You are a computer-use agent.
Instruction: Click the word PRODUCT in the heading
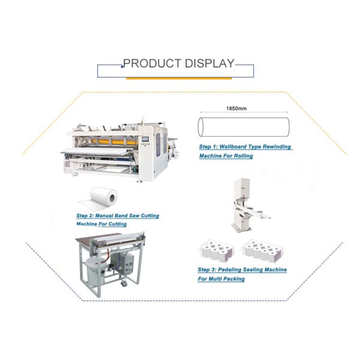pyautogui.click(x=152, y=64)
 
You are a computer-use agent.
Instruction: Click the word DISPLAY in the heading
pyautogui.click(x=209, y=64)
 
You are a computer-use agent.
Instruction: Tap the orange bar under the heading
pyautogui.click(x=179, y=79)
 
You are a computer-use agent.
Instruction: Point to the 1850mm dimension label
pyautogui.click(x=236, y=109)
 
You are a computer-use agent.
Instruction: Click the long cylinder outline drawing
pyautogui.click(x=244, y=127)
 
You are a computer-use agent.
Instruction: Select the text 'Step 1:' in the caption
pyautogui.click(x=208, y=147)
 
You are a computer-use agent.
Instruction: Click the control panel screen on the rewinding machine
pyautogui.click(x=145, y=139)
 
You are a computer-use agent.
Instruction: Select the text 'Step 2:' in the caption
pyautogui.click(x=85, y=216)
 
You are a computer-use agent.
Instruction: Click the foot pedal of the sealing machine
pyautogui.click(x=124, y=284)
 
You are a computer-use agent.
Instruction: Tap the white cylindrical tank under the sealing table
pyautogui.click(x=94, y=271)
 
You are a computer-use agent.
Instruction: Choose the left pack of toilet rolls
pyautogui.click(x=218, y=251)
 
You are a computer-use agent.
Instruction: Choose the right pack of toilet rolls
pyautogui.click(x=262, y=251)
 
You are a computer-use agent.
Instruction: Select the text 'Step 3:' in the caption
pyautogui.click(x=206, y=270)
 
